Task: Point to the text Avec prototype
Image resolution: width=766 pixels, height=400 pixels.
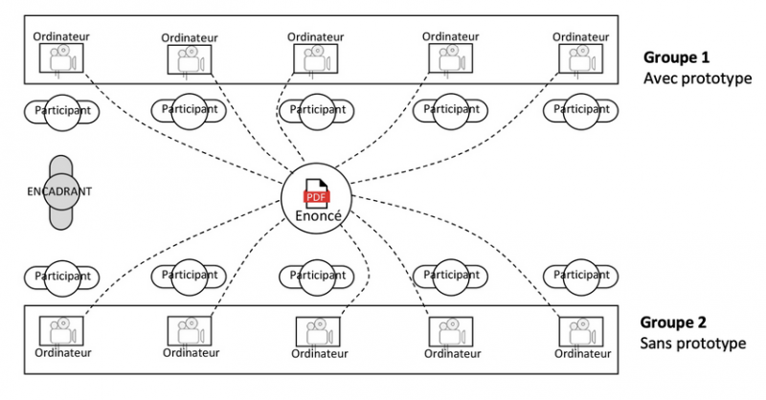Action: tap(696, 78)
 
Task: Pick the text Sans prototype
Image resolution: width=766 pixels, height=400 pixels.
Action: tap(694, 344)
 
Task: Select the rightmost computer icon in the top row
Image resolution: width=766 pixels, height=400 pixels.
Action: tap(582, 59)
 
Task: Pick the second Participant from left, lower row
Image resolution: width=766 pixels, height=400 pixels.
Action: tap(190, 276)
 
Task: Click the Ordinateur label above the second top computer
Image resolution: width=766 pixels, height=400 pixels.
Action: tap(190, 37)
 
